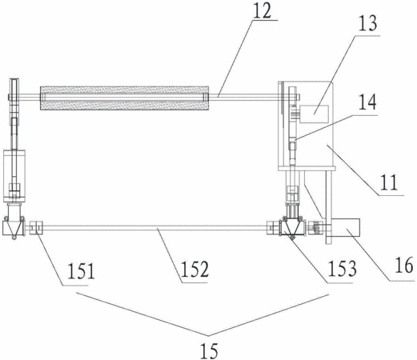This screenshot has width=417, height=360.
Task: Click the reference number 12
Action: [x=262, y=10]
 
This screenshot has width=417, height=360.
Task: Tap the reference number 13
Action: [x=367, y=23]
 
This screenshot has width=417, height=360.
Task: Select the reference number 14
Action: [x=367, y=102]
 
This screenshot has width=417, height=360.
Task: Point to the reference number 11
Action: [x=389, y=182]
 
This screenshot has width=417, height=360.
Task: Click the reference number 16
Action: [x=404, y=265]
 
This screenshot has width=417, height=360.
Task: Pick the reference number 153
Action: [x=342, y=268]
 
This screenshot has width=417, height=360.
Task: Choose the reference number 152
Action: [x=194, y=269]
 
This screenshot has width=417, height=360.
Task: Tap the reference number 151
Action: [x=81, y=270]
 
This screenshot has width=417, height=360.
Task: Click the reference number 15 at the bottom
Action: [x=209, y=350]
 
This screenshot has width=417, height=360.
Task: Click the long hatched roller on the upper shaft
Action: [x=124, y=98]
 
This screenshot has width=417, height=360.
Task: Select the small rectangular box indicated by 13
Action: [x=314, y=114]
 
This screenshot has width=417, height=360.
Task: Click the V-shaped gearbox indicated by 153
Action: [x=292, y=226]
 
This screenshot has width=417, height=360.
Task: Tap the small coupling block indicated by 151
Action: [x=36, y=228]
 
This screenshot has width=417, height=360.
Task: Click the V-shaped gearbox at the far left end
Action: [x=14, y=226]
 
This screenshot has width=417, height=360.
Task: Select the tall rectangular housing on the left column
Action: [x=14, y=176]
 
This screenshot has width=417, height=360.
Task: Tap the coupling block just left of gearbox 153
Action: [x=273, y=228]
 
